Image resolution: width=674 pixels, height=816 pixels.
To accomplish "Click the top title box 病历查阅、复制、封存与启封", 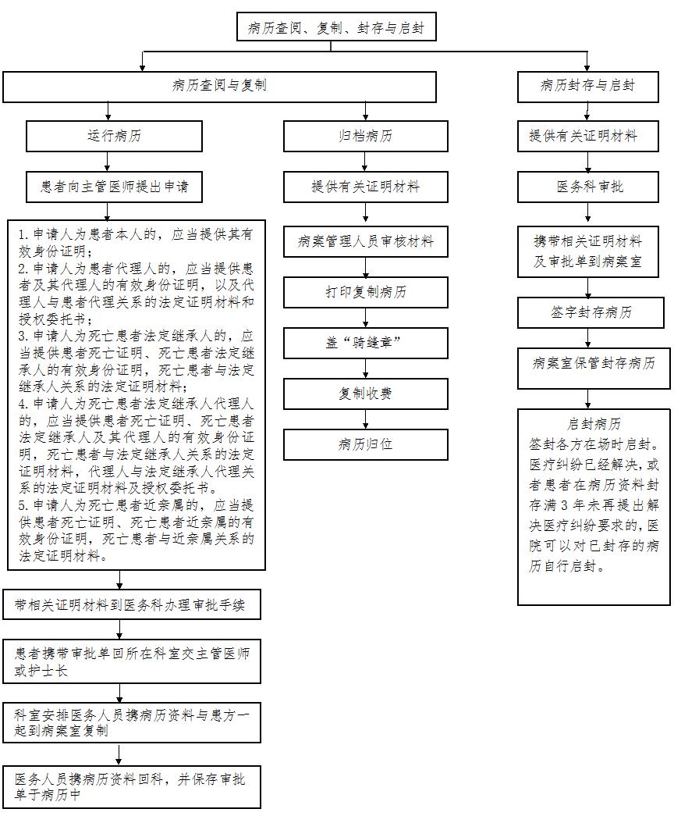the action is tap(336, 27).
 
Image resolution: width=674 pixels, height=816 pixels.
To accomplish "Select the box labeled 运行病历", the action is tap(114, 137).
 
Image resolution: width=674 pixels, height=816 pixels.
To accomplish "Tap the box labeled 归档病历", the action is tap(365, 137).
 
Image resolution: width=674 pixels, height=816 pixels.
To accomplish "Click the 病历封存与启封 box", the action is tap(587, 87).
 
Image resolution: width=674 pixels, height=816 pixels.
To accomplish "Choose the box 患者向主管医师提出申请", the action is tap(114, 187).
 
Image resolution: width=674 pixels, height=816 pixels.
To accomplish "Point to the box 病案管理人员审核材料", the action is tap(365, 241).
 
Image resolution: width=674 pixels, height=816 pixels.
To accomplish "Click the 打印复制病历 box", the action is tap(365, 292).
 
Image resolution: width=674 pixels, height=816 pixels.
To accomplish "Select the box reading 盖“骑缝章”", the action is tap(365, 343).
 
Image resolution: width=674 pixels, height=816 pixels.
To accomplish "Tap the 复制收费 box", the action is tap(365, 394).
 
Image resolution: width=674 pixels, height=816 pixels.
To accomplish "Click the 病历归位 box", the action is tap(365, 444).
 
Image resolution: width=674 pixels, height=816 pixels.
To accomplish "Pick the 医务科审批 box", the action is tap(587, 187).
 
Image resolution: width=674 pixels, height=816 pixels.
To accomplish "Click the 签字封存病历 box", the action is tap(591, 313).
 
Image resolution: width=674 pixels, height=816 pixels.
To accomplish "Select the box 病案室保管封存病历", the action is tap(594, 369).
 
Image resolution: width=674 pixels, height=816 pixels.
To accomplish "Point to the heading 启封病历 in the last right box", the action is tap(594, 424).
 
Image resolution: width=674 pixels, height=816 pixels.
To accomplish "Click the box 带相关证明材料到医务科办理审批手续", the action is tap(131, 604).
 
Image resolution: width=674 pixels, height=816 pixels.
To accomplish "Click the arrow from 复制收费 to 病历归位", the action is tap(365, 419).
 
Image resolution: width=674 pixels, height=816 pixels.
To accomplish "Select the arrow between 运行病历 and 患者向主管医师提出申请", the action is tap(108, 162).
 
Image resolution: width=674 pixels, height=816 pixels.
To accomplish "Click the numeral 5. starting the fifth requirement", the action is tap(24, 505).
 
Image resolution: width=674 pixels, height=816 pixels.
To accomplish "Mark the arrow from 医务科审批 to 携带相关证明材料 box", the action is tap(587, 215).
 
